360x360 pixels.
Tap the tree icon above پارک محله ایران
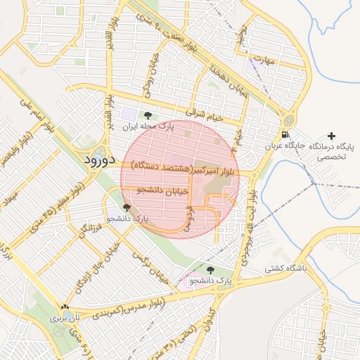(148, 115)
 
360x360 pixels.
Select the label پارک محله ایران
(148, 127)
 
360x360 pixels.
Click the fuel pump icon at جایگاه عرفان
(284, 135)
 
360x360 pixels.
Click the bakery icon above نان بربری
(65, 307)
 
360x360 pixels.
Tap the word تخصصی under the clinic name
(330, 158)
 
